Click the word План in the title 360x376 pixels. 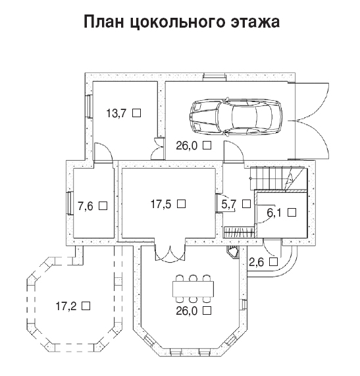[104, 22]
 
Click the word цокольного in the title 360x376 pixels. [177, 23]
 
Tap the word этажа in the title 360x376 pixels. [255, 22]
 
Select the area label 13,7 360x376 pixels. [116, 113]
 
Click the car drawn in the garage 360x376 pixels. [236, 117]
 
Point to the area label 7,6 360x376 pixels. [86, 206]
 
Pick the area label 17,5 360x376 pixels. [161, 204]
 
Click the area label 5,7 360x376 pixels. [229, 204]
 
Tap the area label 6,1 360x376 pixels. [274, 213]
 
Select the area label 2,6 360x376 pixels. [257, 262]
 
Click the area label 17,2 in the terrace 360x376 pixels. [66, 306]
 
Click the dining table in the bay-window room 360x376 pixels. [193, 289]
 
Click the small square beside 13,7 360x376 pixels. [137, 113]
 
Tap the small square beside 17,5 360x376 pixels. [182, 204]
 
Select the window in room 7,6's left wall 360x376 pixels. [70, 203]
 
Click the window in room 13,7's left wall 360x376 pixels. [89, 106]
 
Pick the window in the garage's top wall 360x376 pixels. [215, 77]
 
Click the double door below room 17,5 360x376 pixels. [170, 253]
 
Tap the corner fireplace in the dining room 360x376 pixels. [232, 252]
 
